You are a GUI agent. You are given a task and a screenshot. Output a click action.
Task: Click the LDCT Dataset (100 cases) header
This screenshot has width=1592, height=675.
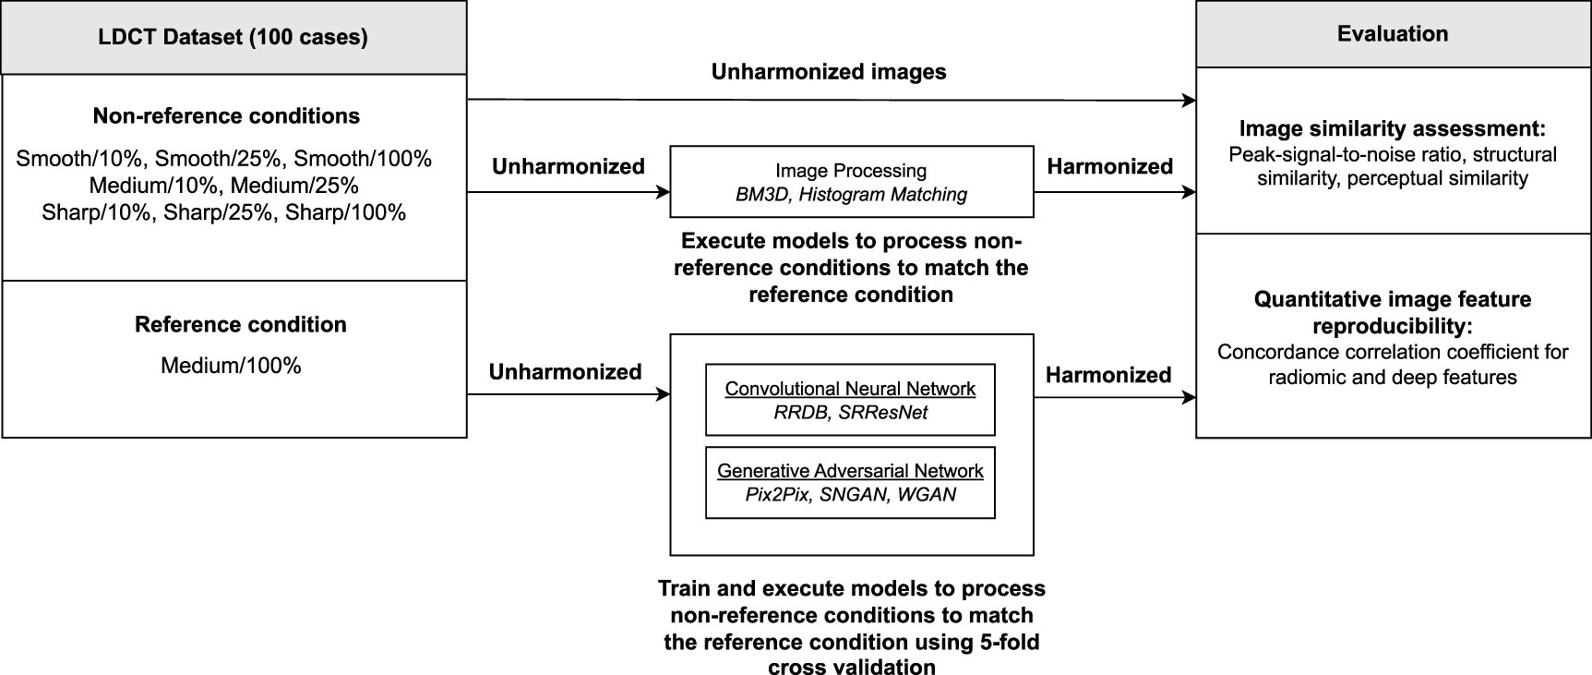pyautogui.click(x=233, y=37)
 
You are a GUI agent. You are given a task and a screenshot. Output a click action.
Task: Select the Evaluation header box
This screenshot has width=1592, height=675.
pyautogui.click(x=1393, y=34)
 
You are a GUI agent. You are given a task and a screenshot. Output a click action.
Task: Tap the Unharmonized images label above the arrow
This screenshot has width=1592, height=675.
pyautogui.click(x=828, y=72)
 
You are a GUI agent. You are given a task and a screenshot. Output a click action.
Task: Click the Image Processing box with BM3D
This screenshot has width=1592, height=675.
pyautogui.click(x=851, y=182)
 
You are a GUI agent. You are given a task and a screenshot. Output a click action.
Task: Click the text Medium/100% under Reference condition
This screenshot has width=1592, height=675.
pyautogui.click(x=231, y=366)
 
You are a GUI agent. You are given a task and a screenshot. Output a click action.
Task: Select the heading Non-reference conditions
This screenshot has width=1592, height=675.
pyautogui.click(x=226, y=116)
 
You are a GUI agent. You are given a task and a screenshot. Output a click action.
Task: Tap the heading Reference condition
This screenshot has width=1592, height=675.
pyautogui.click(x=240, y=325)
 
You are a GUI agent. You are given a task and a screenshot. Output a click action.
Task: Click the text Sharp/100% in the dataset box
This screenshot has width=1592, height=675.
pyautogui.click(x=345, y=213)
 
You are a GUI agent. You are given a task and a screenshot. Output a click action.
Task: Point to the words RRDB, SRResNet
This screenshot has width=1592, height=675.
pyautogui.click(x=850, y=413)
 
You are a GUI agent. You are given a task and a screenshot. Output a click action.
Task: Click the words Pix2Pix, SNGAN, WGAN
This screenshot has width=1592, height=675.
pyautogui.click(x=850, y=495)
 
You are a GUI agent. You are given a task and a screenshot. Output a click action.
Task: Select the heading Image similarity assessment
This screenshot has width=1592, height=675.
pyautogui.click(x=1392, y=128)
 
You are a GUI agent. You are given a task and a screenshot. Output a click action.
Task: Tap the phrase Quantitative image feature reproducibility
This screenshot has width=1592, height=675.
pyautogui.click(x=1392, y=312)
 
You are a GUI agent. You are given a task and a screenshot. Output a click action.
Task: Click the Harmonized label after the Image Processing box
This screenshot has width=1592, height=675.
pyautogui.click(x=1109, y=167)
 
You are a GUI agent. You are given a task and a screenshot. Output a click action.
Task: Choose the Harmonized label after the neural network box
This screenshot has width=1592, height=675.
pyautogui.click(x=1107, y=375)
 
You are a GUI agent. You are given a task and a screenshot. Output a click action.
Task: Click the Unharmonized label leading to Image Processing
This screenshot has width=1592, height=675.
pyautogui.click(x=568, y=167)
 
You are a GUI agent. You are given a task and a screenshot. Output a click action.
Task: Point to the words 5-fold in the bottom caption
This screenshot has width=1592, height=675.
pyautogui.click(x=1007, y=642)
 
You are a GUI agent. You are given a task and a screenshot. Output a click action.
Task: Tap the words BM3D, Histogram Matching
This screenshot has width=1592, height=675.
pyautogui.click(x=851, y=195)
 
